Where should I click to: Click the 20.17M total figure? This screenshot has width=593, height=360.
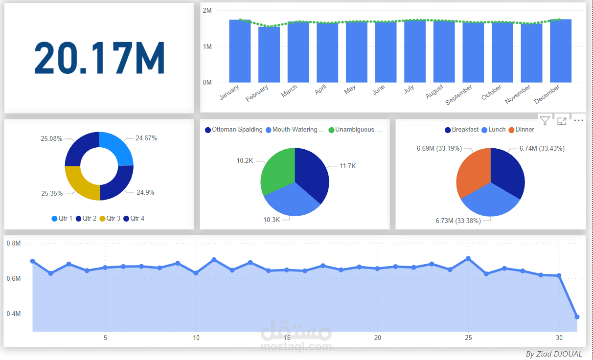pyautogui.click(x=99, y=58)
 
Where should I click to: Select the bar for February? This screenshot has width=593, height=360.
pyautogui.click(x=269, y=55)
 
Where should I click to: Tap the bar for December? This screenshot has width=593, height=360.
pyautogui.click(x=561, y=51)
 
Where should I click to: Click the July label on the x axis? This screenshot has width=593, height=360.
pyautogui.click(x=409, y=88)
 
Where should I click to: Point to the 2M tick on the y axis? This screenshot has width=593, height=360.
pyautogui.click(x=207, y=11)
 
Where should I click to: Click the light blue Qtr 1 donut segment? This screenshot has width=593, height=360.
pyautogui.click(x=116, y=149)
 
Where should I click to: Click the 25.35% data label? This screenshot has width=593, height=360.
pyautogui.click(x=52, y=193)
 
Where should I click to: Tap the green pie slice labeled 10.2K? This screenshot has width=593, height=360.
pyautogui.click(x=277, y=172)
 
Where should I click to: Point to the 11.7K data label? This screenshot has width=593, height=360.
pyautogui.click(x=348, y=166)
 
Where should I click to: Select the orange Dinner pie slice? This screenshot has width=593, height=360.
pyautogui.click(x=473, y=172)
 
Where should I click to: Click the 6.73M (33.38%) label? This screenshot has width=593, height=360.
pyautogui.click(x=458, y=221)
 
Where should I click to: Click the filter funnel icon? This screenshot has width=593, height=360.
pyautogui.click(x=545, y=120)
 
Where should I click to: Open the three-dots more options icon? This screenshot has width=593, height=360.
pyautogui.click(x=579, y=120)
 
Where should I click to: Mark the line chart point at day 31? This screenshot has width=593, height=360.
pyautogui.click(x=577, y=317)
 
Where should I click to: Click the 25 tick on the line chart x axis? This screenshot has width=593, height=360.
pyautogui.click(x=468, y=338)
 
